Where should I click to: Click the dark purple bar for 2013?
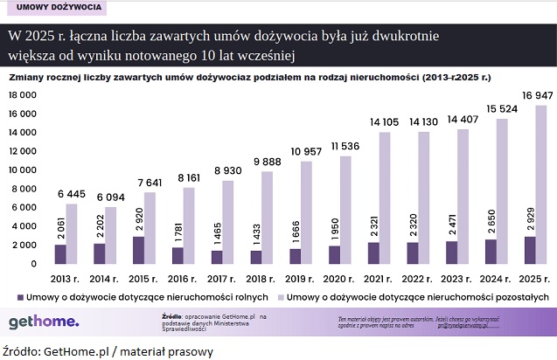coord(59,253)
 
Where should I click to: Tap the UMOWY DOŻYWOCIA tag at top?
coord(55,8)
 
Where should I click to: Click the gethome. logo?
coord(44,322)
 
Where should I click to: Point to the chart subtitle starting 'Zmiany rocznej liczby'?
coord(249,78)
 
